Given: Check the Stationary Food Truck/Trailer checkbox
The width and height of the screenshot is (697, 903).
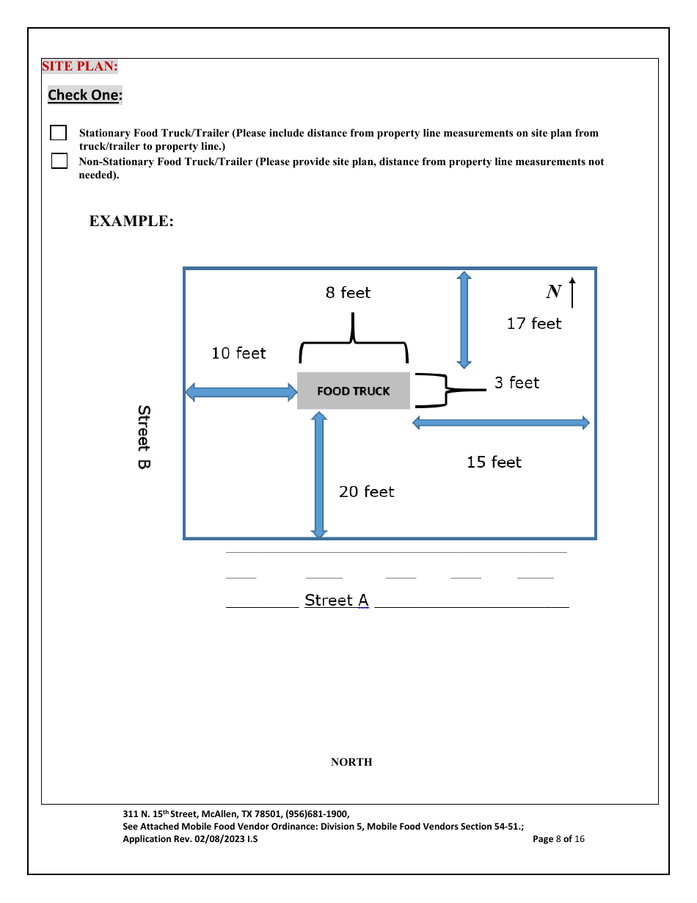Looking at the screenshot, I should [58, 133].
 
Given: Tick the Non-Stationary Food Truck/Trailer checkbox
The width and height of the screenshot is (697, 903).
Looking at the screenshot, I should [59, 161].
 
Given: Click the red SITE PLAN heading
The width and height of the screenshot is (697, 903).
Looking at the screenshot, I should [80, 66].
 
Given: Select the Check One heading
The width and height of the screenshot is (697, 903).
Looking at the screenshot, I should [85, 95].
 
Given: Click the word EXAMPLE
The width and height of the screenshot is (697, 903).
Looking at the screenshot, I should [131, 221].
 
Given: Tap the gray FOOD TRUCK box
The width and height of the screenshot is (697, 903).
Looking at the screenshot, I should [353, 391].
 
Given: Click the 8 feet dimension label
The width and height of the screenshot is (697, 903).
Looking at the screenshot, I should [348, 293].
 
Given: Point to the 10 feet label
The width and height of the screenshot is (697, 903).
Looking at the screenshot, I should [238, 353].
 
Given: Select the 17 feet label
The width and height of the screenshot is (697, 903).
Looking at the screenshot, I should [533, 324].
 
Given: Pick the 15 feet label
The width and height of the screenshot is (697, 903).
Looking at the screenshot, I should [494, 462].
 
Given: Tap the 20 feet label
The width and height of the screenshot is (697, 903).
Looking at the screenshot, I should [366, 492].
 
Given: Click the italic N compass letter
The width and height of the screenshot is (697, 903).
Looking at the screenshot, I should [553, 292].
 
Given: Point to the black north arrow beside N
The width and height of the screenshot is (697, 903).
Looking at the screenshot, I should [572, 291].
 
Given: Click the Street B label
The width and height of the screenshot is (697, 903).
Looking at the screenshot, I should [145, 438].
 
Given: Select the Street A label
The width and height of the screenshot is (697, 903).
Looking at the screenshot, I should [336, 601].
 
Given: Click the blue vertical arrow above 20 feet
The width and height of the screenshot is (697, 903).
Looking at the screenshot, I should [319, 474].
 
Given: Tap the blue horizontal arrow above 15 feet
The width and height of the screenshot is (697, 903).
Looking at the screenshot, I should [501, 422].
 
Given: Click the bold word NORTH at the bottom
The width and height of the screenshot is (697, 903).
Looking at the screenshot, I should [351, 762].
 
